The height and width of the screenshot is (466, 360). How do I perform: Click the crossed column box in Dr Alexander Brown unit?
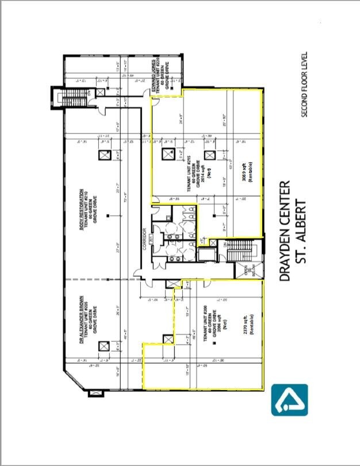(x=104, y=346)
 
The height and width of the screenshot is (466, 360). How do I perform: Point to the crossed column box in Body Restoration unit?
(x=104, y=155)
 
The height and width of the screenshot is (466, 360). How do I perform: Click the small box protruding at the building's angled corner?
(x=93, y=395)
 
